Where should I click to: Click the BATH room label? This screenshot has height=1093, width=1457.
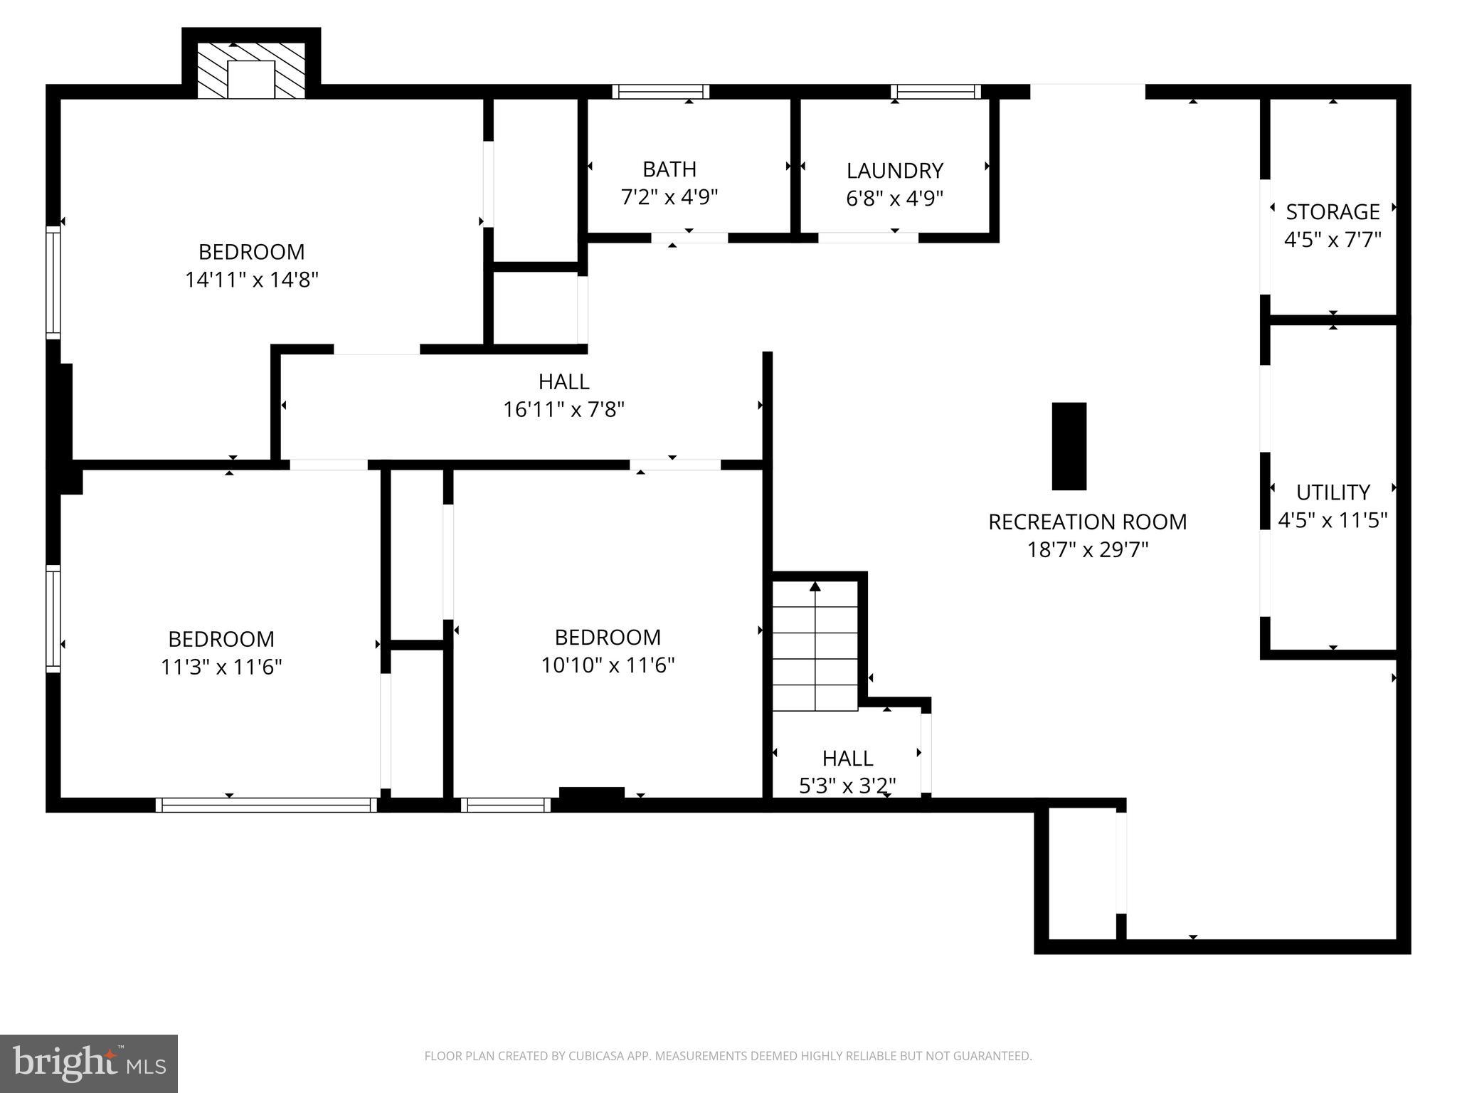[669, 169]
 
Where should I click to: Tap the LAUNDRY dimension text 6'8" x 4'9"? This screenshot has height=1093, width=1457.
[894, 199]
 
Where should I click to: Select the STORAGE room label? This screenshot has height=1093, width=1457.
[1333, 212]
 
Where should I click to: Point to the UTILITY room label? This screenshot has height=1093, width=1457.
[1333, 492]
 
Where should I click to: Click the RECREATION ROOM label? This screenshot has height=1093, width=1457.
[1087, 522]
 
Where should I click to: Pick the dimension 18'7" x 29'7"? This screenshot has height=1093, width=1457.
[1087, 550]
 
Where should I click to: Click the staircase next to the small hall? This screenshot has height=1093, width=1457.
[815, 648]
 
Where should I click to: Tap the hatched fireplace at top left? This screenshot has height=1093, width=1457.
[250, 70]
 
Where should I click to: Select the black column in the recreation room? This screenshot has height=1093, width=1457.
[1069, 446]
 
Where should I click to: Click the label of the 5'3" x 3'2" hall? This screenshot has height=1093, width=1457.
[847, 758]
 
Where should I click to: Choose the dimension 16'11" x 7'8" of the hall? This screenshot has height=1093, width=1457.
[563, 410]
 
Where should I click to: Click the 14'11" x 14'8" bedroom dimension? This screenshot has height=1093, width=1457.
[251, 280]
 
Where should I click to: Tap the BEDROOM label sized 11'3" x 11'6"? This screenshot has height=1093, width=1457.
[221, 639]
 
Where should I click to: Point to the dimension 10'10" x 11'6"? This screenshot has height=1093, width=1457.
[608, 665]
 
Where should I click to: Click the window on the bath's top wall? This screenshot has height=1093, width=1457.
[661, 92]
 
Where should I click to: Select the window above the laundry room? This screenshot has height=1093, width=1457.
[936, 92]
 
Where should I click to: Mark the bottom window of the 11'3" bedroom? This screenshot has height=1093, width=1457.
[266, 805]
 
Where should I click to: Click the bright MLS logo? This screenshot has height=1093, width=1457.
[89, 1063]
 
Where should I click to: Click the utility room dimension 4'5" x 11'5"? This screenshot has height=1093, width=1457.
[1333, 521]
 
